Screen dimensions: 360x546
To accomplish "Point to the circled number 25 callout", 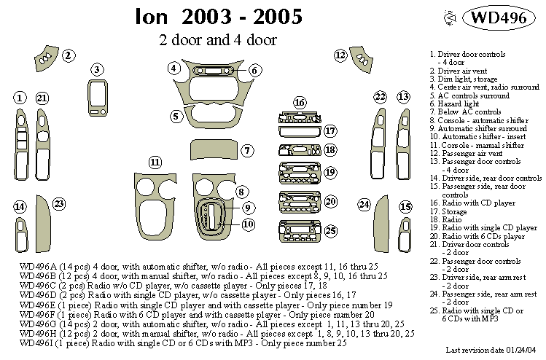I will [x=330, y=231].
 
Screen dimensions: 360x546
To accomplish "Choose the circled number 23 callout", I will [x=59, y=203].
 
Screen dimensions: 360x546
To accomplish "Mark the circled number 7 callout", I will [x=247, y=151].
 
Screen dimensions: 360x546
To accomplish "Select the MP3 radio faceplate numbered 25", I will [x=298, y=232].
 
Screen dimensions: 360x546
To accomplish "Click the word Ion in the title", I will [x=151, y=17].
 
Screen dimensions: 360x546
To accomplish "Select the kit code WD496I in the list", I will [x=38, y=343].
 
